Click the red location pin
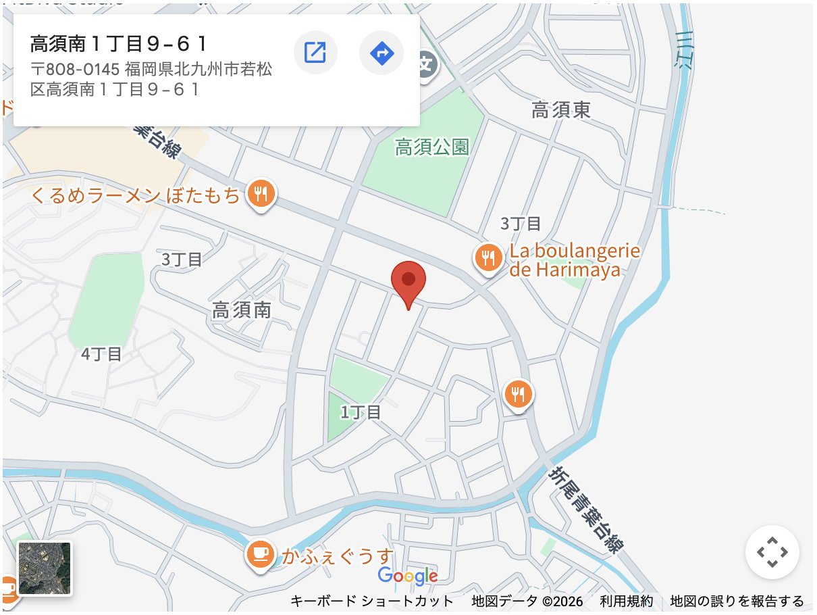408,280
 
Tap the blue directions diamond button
381,52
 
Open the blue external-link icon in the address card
315,52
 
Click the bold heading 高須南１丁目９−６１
119,45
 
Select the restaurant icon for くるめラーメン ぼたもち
260,194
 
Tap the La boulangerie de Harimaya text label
574,261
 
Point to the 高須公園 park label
432,147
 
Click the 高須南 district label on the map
242,310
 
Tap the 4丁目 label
101,353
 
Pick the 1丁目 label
361,412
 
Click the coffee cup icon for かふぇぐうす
260,554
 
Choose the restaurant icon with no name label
518,394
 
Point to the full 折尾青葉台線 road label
585,508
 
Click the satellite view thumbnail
45,568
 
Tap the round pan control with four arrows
772,552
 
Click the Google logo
408,576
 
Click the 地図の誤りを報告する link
737,601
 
